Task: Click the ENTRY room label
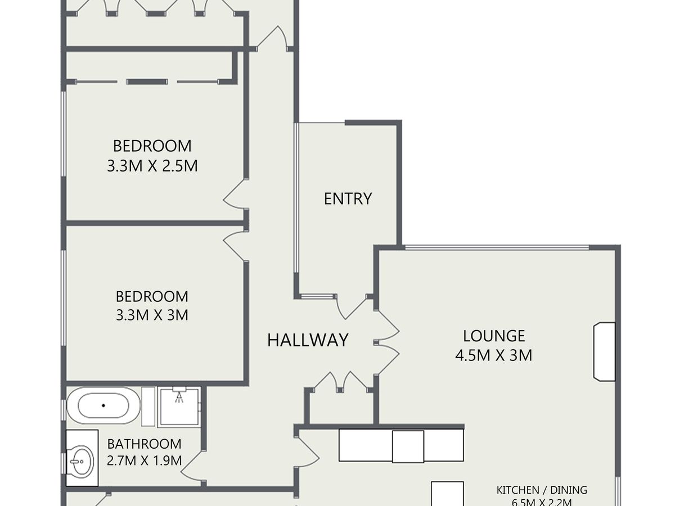348,198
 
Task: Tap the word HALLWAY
308,340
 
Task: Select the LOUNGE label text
494,336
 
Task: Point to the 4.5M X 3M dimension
493,355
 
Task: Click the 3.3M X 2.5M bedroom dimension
152,166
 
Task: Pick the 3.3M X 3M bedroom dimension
152,315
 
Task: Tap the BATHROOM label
144,444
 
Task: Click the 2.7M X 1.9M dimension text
144,460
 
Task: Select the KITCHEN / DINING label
542,490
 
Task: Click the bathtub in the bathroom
103,405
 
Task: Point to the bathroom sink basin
82,461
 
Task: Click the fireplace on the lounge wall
604,352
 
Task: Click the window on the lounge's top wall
497,247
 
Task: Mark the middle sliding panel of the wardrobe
147,82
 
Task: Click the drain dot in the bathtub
103,405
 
